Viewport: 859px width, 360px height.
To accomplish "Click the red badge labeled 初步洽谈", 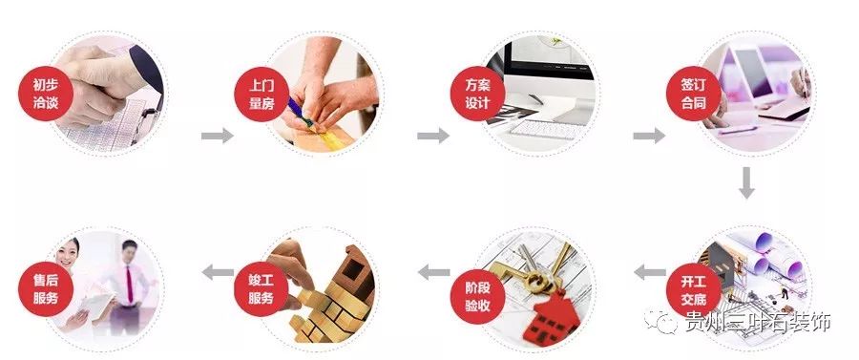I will tap(45, 92).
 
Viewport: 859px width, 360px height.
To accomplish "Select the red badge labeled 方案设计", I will tap(471, 93).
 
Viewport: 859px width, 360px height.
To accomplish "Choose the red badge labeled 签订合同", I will tap(687, 93).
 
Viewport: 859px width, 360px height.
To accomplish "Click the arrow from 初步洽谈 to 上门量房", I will tap(217, 136).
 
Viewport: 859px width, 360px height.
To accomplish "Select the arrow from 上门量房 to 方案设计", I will tap(432, 136).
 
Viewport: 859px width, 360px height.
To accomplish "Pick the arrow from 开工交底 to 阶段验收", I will tap(650, 273).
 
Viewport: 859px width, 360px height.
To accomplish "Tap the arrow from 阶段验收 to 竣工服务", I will tap(433, 274).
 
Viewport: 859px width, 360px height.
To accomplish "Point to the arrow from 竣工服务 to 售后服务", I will tap(218, 274).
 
